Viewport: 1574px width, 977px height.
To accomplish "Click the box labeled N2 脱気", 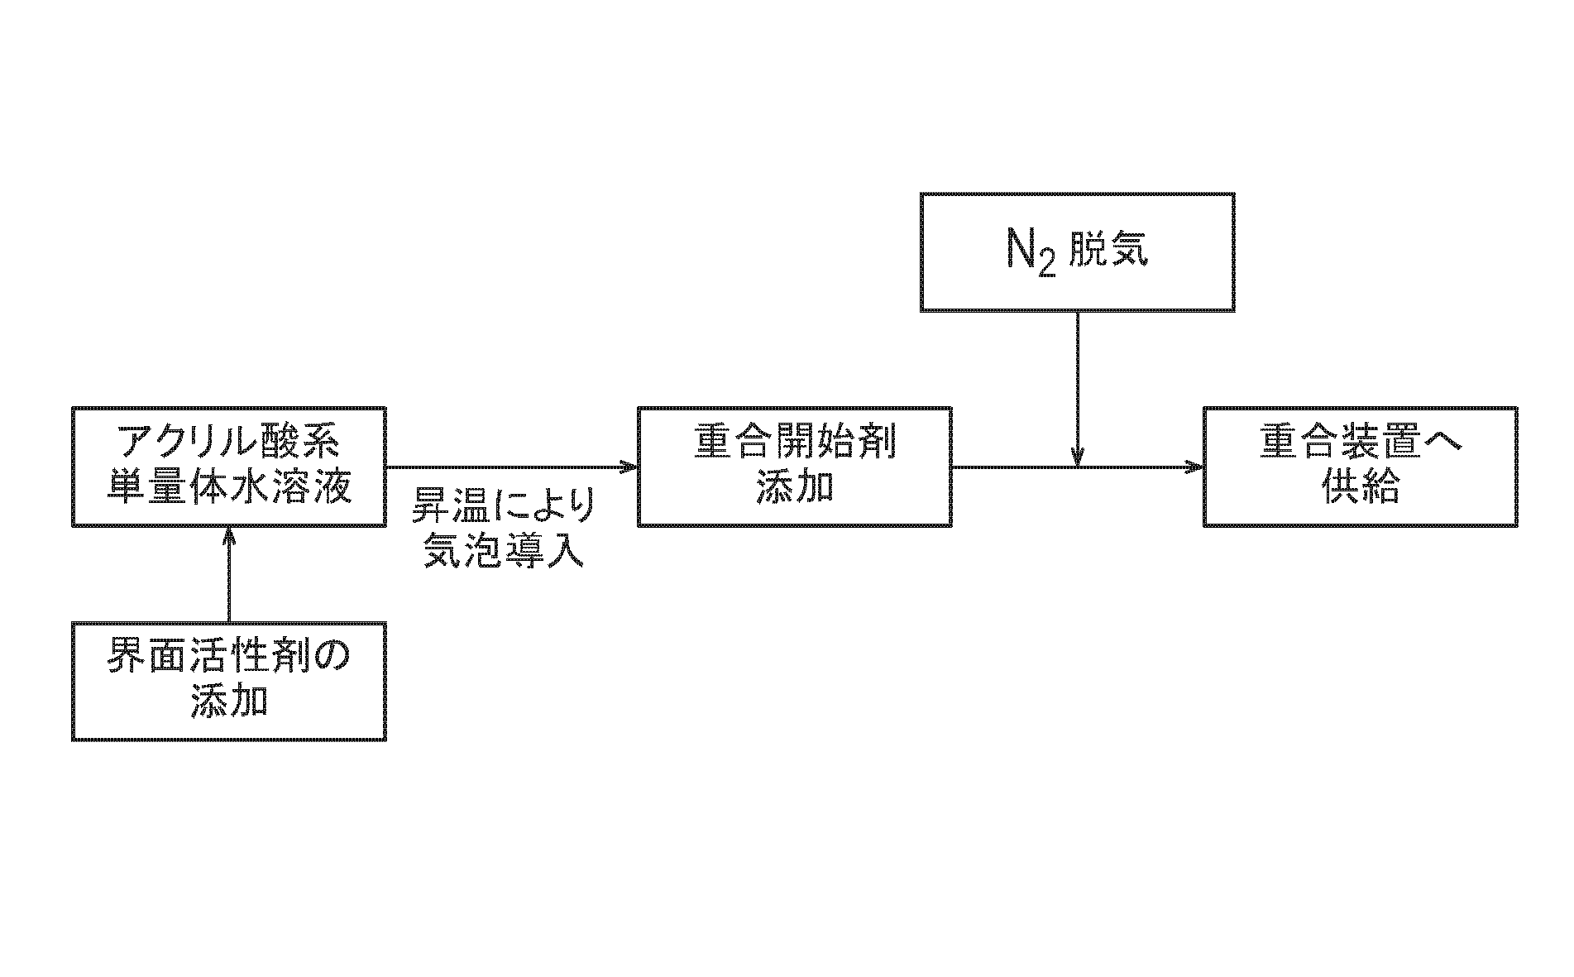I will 1077,252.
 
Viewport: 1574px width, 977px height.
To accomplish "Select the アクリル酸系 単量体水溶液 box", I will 229,467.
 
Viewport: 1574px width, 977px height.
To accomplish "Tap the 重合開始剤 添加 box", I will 794,467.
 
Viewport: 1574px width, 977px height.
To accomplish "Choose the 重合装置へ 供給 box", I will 1360,467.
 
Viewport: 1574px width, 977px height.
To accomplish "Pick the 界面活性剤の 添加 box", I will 229,681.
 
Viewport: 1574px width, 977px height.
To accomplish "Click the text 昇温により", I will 504,505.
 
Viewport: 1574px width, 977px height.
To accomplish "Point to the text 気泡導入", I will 504,549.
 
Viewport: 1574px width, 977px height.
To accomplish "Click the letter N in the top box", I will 1021,248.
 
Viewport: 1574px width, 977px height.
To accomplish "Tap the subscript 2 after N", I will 1046,262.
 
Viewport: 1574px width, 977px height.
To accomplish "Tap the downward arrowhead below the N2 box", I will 1077,457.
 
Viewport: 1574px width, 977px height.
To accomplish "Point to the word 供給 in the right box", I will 1360,488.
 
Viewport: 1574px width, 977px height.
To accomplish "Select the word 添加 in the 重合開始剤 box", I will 794,488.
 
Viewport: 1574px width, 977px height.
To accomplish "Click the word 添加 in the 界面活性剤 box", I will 229,702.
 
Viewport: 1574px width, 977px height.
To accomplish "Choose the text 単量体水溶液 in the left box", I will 229,488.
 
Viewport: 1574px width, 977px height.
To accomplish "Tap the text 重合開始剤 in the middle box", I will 794,445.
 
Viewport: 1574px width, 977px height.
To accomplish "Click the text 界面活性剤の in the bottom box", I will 229,659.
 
